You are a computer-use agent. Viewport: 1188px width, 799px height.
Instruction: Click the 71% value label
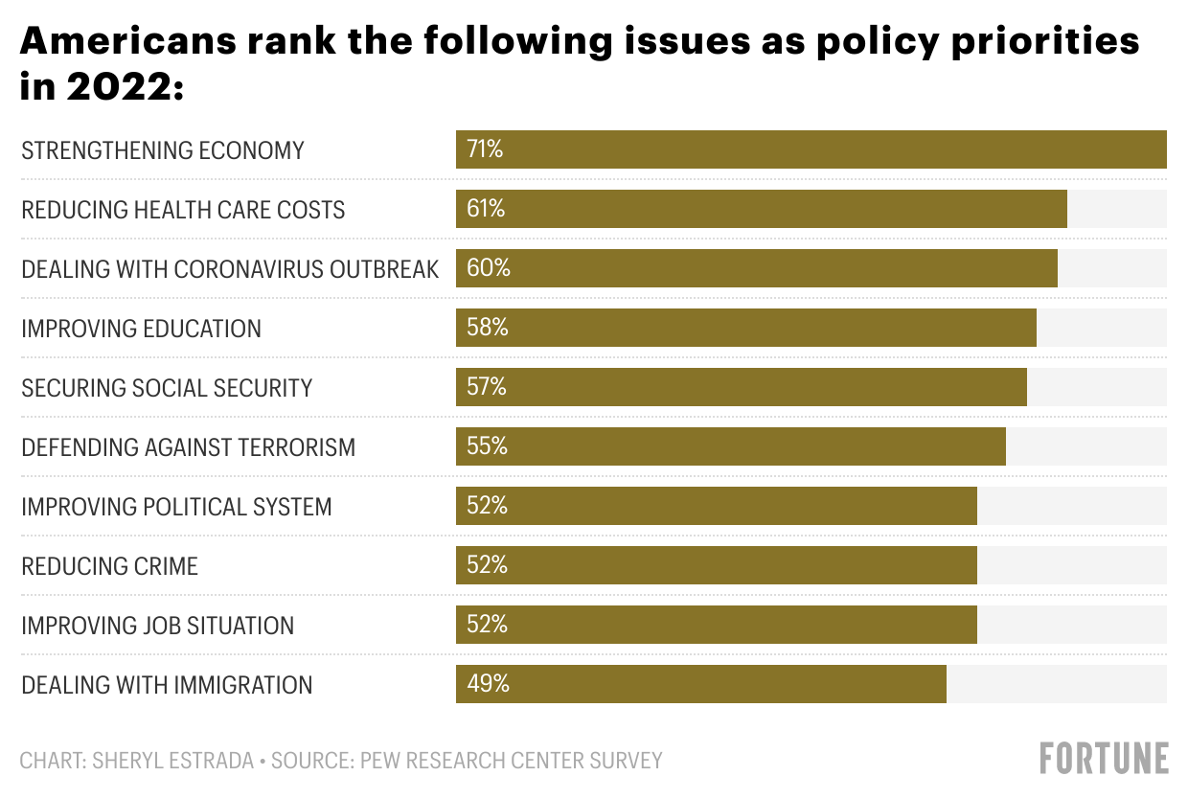pyautogui.click(x=484, y=149)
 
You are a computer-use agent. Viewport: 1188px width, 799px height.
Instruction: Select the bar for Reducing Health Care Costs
pyautogui.click(x=761, y=209)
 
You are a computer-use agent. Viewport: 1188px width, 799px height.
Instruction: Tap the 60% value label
pyautogui.click(x=488, y=268)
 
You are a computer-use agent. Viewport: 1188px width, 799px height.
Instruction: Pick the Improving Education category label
pyautogui.click(x=141, y=329)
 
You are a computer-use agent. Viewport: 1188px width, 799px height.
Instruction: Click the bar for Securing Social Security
pyautogui.click(x=741, y=387)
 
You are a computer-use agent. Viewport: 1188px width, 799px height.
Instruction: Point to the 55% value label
pyautogui.click(x=487, y=446)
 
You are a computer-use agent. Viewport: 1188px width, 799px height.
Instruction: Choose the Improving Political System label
pyautogui.click(x=176, y=507)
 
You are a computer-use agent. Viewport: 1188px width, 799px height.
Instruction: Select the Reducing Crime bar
pyautogui.click(x=716, y=565)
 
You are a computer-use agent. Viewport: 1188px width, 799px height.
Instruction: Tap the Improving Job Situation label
pyautogui.click(x=157, y=626)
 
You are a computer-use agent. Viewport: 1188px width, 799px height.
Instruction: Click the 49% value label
pyautogui.click(x=488, y=684)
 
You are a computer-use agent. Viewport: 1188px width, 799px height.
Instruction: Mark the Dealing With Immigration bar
pyautogui.click(x=700, y=684)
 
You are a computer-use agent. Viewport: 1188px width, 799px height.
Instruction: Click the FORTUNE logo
pyautogui.click(x=1104, y=758)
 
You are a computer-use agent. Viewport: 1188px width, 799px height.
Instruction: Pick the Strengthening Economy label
pyautogui.click(x=162, y=150)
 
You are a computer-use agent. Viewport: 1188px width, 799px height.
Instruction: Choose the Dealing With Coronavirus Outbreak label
pyautogui.click(x=230, y=269)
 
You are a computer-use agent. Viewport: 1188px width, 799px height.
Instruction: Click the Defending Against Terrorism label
pyautogui.click(x=188, y=447)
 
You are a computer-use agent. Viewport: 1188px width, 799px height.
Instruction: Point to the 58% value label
pyautogui.click(x=487, y=328)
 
